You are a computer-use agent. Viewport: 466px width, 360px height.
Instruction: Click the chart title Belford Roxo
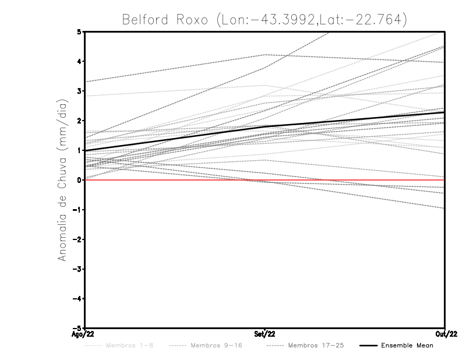(264, 19)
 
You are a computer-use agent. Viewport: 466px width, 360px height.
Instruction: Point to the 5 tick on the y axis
(79, 31)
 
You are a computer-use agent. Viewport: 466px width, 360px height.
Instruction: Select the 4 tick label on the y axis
(79, 61)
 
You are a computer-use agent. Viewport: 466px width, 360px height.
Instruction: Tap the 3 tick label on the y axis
(79, 91)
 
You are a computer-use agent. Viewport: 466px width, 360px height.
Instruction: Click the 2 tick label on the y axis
(79, 121)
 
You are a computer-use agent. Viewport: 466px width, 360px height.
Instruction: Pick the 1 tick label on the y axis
(79, 150)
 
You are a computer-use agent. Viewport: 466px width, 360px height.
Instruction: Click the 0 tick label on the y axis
(79, 180)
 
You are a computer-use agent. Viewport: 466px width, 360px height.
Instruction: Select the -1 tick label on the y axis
(77, 210)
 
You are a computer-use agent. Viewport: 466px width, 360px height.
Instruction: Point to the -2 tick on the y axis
(77, 239)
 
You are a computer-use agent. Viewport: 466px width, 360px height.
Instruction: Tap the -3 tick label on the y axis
(77, 269)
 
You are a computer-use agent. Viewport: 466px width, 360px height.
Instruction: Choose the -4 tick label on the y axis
(77, 299)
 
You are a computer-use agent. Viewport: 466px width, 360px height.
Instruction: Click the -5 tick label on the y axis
(77, 329)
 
